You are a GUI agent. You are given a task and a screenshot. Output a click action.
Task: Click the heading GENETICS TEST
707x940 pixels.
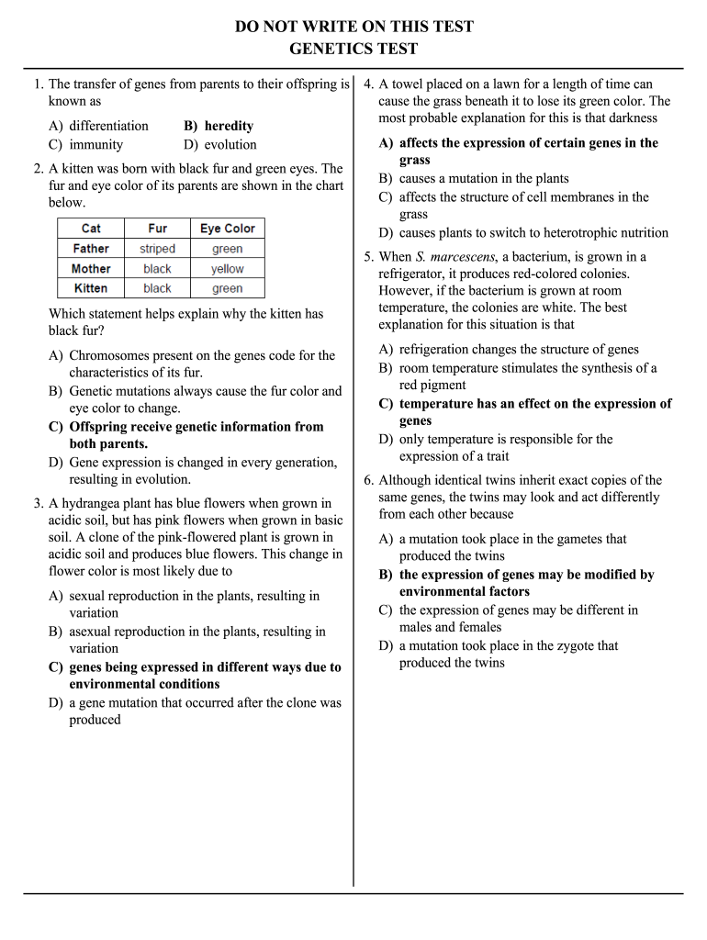(353, 50)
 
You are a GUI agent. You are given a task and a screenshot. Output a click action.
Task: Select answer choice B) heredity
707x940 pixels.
(219, 126)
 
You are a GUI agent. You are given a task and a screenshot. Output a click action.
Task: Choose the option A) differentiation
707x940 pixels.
(98, 126)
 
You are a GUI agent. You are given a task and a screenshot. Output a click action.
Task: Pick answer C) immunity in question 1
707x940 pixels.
(85, 144)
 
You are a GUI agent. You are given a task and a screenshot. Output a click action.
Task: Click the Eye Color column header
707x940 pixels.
(227, 229)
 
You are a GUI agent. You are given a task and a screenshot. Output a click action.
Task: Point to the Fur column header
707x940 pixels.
(157, 229)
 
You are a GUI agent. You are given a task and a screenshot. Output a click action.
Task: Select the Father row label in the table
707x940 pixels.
(91, 249)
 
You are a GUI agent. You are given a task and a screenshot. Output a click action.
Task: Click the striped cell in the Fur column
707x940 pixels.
(157, 249)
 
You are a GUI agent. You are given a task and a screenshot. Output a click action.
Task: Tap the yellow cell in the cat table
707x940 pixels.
(227, 269)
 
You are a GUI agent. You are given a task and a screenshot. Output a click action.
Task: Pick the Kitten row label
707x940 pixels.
(91, 288)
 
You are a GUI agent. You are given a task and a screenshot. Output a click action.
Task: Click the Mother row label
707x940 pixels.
(91, 269)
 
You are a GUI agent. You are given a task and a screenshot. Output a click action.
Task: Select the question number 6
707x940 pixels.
(368, 480)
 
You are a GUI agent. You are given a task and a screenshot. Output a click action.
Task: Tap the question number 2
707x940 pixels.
(38, 169)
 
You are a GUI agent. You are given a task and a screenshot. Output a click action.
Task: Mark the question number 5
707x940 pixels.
(368, 256)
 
